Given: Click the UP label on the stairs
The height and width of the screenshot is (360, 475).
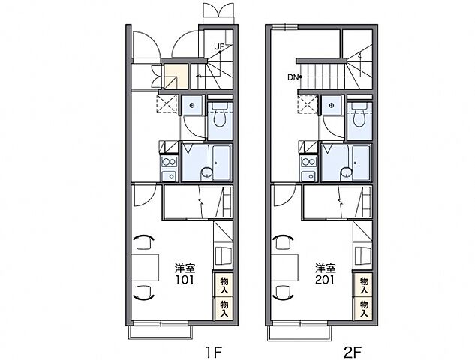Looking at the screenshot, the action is (x=219, y=46).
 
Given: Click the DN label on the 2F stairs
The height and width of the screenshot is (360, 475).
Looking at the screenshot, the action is (x=293, y=77).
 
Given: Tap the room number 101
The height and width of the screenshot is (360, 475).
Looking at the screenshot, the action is (x=185, y=280).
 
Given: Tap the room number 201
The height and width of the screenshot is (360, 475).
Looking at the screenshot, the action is (x=325, y=280).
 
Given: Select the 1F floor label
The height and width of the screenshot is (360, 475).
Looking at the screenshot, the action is (x=214, y=352).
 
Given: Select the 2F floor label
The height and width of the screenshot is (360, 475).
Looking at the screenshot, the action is (x=353, y=352).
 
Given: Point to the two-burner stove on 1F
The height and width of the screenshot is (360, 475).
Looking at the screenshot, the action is (x=169, y=162).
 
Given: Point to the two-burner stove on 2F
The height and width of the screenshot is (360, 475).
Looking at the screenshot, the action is (x=309, y=162).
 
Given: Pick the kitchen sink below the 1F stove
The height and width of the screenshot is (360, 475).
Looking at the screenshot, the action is (x=169, y=175).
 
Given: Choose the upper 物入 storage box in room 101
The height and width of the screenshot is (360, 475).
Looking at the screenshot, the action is (x=224, y=284).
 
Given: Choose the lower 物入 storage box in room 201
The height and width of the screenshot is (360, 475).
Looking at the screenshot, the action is (x=363, y=308).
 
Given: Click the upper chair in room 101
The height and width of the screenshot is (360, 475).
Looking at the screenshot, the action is (x=143, y=241).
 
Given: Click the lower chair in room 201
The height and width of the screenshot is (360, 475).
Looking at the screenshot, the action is (x=284, y=292).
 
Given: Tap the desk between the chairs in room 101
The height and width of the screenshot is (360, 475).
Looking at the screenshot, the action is (x=145, y=267).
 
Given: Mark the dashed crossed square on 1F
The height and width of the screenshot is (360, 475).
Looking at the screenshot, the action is (x=167, y=103).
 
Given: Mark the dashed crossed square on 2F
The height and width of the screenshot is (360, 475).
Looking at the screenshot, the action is (x=307, y=103).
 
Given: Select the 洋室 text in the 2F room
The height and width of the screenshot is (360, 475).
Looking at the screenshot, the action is (x=326, y=268).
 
